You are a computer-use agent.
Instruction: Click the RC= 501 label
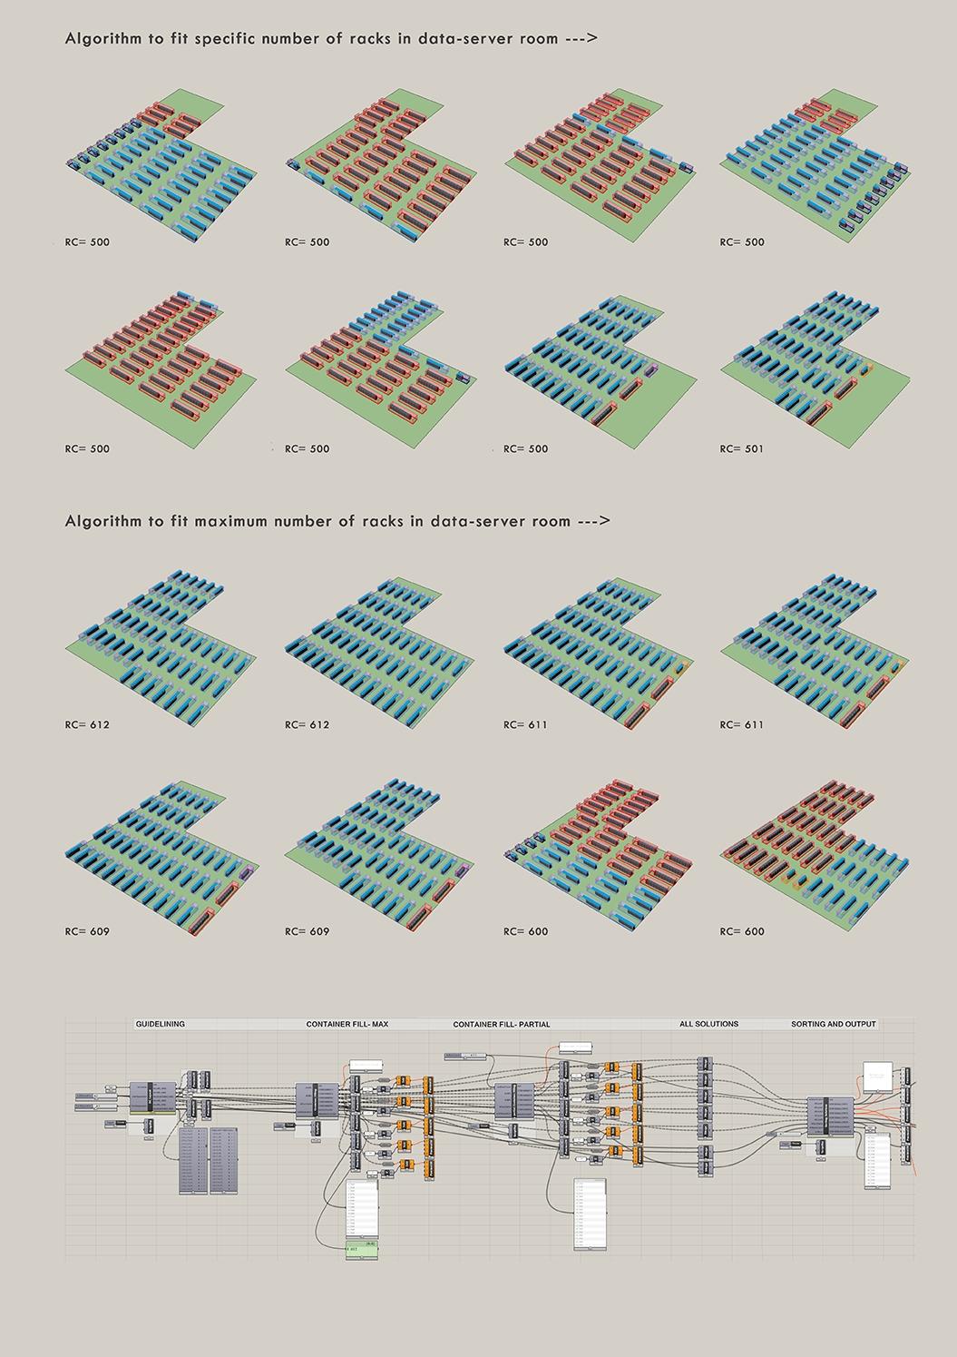coord(741,448)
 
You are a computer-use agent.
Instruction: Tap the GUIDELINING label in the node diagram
coord(160,1024)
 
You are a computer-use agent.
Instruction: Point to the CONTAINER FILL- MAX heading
coord(347,1024)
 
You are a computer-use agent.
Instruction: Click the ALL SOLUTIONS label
coord(708,1024)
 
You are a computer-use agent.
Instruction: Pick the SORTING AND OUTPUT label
coord(833,1024)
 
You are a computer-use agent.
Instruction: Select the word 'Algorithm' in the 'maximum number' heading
coord(99,521)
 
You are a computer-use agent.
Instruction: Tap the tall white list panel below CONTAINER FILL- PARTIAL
coord(589,1213)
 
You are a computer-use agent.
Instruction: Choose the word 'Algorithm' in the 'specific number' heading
coord(99,39)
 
